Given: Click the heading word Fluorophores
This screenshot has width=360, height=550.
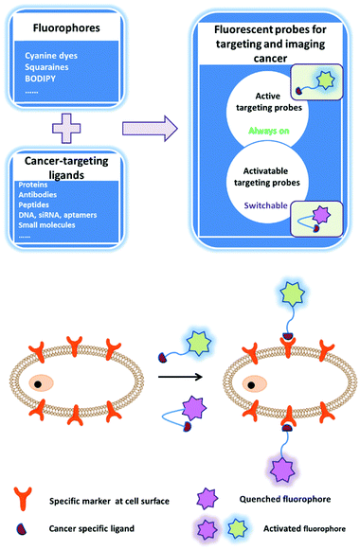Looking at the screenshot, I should [x=65, y=28].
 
